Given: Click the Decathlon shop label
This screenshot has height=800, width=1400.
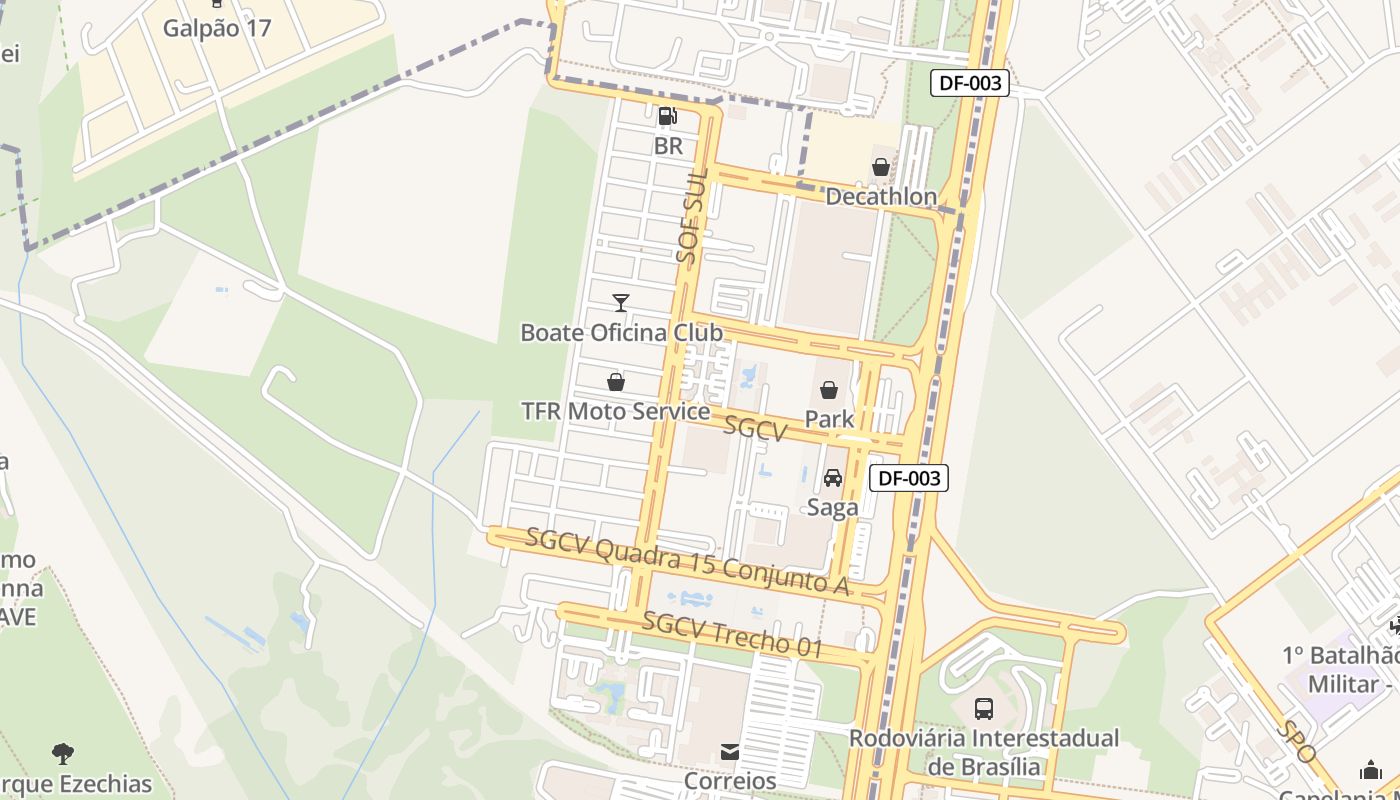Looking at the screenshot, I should (881, 197).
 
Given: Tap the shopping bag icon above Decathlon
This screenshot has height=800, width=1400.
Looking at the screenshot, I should (881, 167).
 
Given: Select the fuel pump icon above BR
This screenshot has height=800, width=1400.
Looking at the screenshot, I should (668, 116).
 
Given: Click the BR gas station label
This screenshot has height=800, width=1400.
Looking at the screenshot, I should (668, 146).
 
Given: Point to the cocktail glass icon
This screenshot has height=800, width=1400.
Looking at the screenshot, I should (621, 302).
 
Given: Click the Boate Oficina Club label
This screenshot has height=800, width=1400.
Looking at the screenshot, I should (621, 332).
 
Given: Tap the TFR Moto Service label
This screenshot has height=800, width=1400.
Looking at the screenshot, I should (616, 411).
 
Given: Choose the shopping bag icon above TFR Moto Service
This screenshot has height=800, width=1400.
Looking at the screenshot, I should (616, 382).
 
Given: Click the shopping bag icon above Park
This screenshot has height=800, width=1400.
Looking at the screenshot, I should (829, 390).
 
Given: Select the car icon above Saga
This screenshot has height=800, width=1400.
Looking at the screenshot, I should (833, 478).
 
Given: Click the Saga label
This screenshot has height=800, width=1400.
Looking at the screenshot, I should (833, 507).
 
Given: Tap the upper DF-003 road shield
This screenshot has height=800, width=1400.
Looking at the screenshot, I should (969, 83).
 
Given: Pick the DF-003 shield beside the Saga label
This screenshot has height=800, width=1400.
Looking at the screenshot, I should (908, 478).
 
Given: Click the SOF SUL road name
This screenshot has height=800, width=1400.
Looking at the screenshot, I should (691, 215).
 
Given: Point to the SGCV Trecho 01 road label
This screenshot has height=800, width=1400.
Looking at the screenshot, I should (733, 634).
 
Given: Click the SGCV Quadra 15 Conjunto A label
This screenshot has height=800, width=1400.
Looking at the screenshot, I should (688, 561).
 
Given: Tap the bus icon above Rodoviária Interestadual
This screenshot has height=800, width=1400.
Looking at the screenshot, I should (984, 709).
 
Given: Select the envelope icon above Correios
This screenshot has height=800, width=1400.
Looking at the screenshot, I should (730, 751).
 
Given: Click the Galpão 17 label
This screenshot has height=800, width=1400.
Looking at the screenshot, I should (217, 27).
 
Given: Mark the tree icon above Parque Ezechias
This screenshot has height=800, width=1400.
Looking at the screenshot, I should (63, 753).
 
